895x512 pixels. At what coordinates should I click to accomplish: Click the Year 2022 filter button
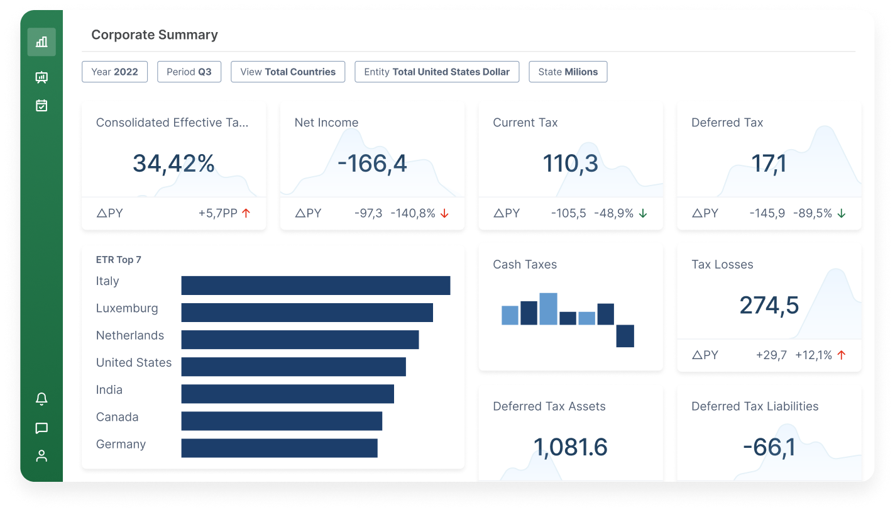click(114, 72)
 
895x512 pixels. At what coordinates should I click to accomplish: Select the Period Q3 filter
click(189, 72)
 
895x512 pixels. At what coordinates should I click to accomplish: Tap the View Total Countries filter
click(288, 72)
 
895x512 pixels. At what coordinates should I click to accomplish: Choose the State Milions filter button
click(568, 72)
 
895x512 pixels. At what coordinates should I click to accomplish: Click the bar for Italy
click(316, 285)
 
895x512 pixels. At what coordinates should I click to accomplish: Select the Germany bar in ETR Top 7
click(279, 448)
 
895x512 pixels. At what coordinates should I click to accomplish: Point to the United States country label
click(133, 363)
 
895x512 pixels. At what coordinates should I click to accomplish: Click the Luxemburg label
click(127, 309)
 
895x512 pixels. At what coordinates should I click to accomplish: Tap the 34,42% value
click(173, 164)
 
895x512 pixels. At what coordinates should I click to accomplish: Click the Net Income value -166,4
click(372, 164)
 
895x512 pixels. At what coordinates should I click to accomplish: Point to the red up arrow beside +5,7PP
click(246, 213)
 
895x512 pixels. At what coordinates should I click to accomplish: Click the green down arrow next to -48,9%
click(643, 213)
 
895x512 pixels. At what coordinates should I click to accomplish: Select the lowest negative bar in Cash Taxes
click(625, 336)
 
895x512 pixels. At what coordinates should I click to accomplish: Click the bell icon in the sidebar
click(41, 399)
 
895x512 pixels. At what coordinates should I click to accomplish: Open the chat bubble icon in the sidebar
click(41, 428)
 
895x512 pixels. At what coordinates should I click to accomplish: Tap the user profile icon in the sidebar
click(41, 456)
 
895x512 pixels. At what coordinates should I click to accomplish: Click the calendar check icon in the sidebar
click(41, 106)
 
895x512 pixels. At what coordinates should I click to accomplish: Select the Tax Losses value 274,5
click(769, 305)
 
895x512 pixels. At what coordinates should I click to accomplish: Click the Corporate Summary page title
click(155, 35)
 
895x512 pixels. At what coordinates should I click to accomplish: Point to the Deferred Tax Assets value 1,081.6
click(570, 447)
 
